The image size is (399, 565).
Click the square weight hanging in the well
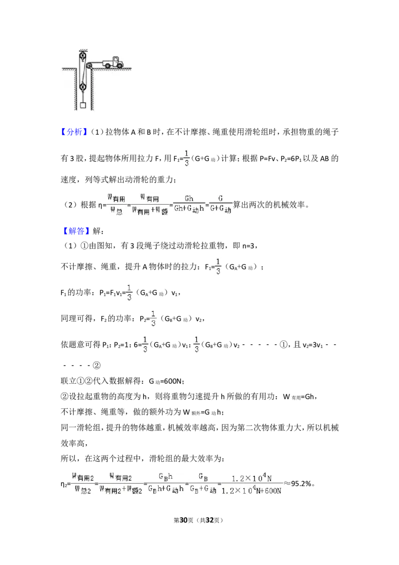click(83, 105)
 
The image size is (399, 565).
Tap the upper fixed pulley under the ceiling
click(82, 57)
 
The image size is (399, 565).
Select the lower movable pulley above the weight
click(82, 86)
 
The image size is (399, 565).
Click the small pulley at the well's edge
click(89, 66)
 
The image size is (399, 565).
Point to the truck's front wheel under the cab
click(119, 65)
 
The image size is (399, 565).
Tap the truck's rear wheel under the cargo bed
click(107, 65)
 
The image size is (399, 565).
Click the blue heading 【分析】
click(74, 132)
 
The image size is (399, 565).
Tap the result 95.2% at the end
click(301, 484)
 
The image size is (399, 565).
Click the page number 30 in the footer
click(184, 520)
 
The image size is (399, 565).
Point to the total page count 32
click(210, 520)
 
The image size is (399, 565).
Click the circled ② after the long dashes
click(97, 365)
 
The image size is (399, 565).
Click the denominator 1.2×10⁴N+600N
click(251, 491)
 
